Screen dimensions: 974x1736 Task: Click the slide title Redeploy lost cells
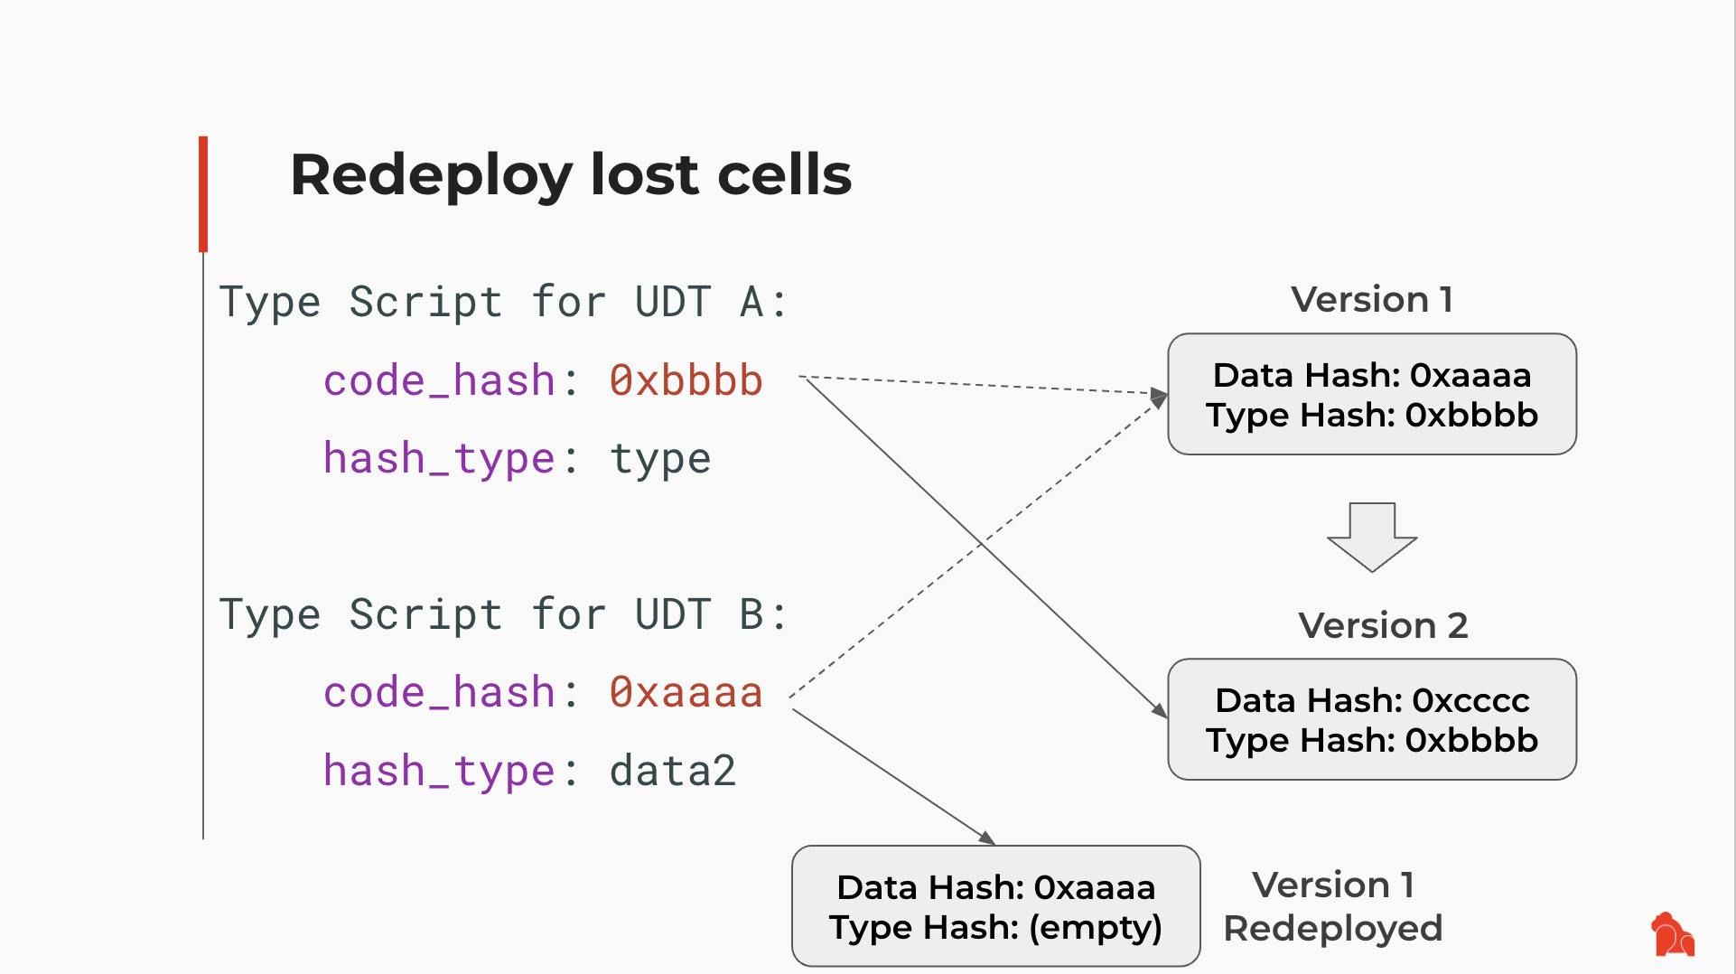click(570, 174)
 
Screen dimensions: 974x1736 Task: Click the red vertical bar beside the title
click(203, 193)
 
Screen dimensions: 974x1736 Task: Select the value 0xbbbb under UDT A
click(686, 380)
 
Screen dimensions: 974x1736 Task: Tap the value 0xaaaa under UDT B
click(686, 693)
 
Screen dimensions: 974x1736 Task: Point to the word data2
click(672, 772)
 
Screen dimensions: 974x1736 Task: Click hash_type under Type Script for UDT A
click(439, 459)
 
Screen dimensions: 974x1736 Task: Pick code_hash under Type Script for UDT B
click(439, 693)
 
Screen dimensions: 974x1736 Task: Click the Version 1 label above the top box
click(1371, 300)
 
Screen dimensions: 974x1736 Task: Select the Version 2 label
click(1382, 625)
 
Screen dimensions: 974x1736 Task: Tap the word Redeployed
click(1332, 929)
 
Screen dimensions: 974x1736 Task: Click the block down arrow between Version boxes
click(1371, 537)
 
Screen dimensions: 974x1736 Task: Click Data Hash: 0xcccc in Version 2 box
click(1371, 700)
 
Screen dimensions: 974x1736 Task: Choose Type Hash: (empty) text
click(995, 928)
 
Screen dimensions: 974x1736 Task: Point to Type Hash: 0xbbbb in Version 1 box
click(1371, 416)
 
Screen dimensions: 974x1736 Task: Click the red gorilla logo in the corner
click(1672, 934)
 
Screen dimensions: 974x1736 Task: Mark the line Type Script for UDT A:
click(503, 302)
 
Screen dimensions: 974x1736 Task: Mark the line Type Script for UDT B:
click(503, 614)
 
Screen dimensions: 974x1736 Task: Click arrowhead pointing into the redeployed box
click(987, 839)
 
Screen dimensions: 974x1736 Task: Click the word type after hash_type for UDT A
click(660, 459)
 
